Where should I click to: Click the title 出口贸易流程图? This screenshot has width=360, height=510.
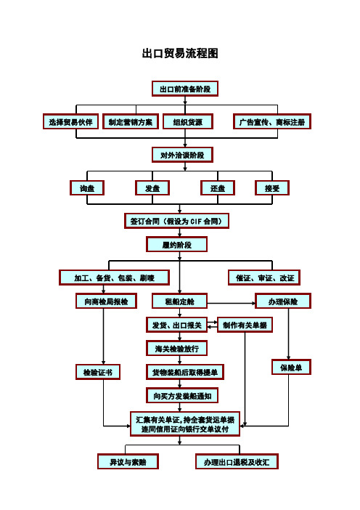point(180,53)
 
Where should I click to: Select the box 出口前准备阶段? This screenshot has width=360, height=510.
point(185,89)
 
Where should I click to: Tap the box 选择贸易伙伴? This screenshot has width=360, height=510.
point(70,121)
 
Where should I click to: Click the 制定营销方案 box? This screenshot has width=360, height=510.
point(131,121)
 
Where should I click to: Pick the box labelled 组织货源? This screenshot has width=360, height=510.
point(188,121)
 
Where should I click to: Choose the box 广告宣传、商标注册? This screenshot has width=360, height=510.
point(272,121)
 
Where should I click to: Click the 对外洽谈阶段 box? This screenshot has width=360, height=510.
point(182,155)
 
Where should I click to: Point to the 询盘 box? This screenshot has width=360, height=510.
point(87,188)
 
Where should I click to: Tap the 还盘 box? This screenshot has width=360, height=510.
point(218,188)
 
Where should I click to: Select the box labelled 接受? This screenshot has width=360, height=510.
point(272,188)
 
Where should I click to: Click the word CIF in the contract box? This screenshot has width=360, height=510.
point(196,222)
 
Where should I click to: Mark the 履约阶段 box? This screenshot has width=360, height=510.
point(177,245)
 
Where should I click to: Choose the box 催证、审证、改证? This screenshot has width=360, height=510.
point(263,278)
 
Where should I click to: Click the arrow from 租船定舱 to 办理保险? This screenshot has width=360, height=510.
point(232,304)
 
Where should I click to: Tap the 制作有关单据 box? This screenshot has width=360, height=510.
point(245,325)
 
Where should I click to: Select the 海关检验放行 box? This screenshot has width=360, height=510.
point(177,349)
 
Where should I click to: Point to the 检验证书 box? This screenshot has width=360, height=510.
point(98,372)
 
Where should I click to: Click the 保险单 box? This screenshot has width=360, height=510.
point(291,367)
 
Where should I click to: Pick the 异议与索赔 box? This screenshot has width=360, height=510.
point(128,461)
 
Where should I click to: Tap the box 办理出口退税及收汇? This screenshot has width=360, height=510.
point(237,461)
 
